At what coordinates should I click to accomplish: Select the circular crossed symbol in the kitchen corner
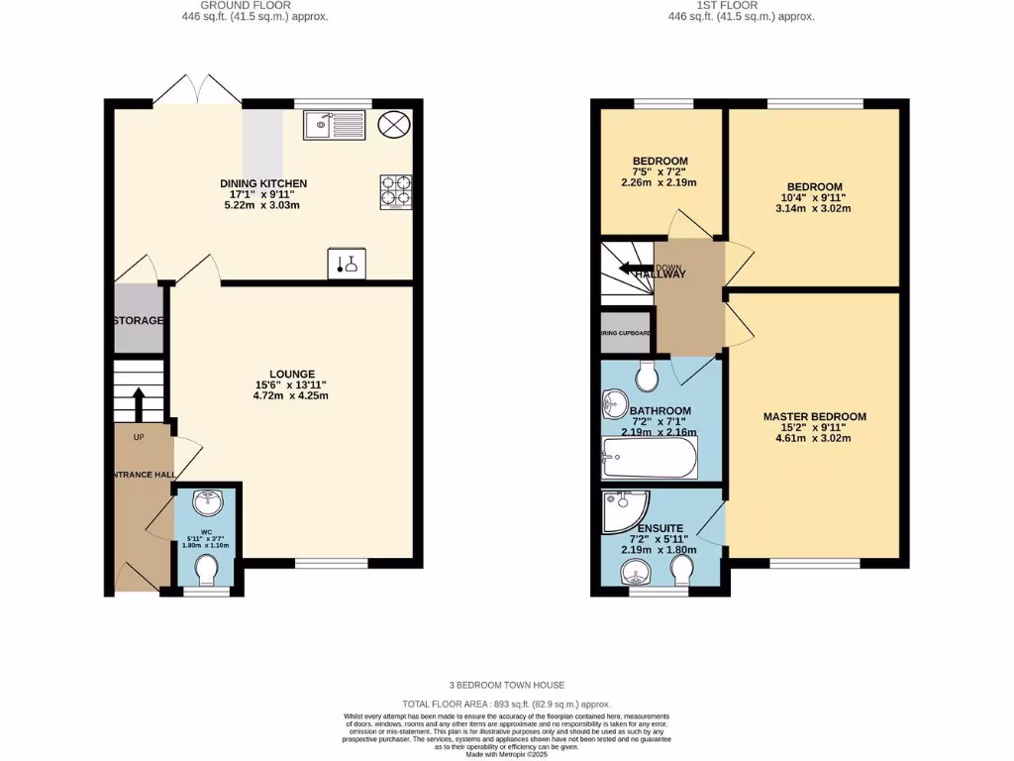click(394, 125)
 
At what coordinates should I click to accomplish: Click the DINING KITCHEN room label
click(263, 183)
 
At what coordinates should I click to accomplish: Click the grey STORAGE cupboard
click(138, 320)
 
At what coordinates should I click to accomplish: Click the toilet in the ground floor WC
click(208, 572)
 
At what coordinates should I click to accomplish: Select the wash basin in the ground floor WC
click(208, 503)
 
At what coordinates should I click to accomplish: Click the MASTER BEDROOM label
click(814, 417)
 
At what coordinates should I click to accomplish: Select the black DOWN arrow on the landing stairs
click(630, 267)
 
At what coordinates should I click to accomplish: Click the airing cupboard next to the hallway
click(626, 334)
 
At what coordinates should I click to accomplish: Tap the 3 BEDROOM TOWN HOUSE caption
click(506, 685)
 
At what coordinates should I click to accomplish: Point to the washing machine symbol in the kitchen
click(347, 264)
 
